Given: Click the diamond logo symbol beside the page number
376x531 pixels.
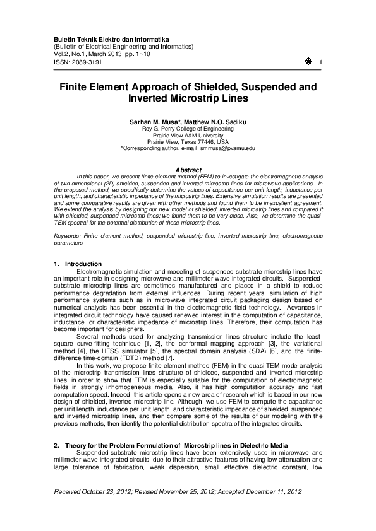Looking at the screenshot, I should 308,61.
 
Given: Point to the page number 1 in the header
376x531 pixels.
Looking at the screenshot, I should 322,62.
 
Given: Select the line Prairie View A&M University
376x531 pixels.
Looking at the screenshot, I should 188,134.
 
